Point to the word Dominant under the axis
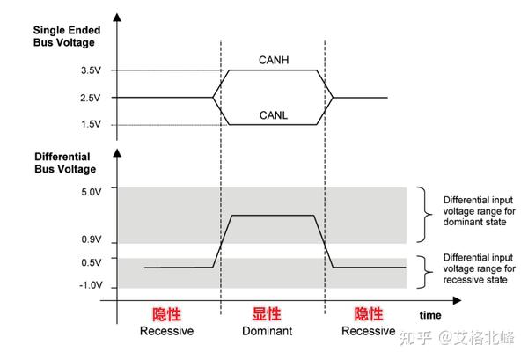point(267,331)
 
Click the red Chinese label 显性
point(267,314)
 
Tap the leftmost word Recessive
point(165,331)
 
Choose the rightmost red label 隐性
point(368,314)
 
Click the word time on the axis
point(430,314)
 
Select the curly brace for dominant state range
point(427,215)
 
